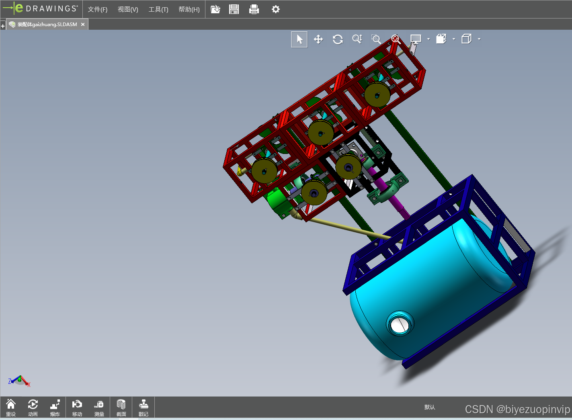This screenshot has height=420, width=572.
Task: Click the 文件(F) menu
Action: tap(98, 10)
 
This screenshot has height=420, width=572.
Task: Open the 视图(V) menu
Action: tap(128, 10)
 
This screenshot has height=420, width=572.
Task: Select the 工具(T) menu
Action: tap(158, 10)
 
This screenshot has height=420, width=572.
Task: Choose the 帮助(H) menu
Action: tap(189, 10)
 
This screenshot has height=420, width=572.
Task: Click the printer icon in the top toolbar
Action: tap(254, 10)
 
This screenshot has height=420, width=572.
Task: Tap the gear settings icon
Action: tap(275, 10)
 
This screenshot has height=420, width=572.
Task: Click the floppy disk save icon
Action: tap(234, 10)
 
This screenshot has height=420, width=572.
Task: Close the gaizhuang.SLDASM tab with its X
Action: tap(83, 24)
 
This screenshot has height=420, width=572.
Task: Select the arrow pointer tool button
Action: tap(299, 39)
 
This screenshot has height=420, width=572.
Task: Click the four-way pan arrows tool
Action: tap(318, 39)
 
